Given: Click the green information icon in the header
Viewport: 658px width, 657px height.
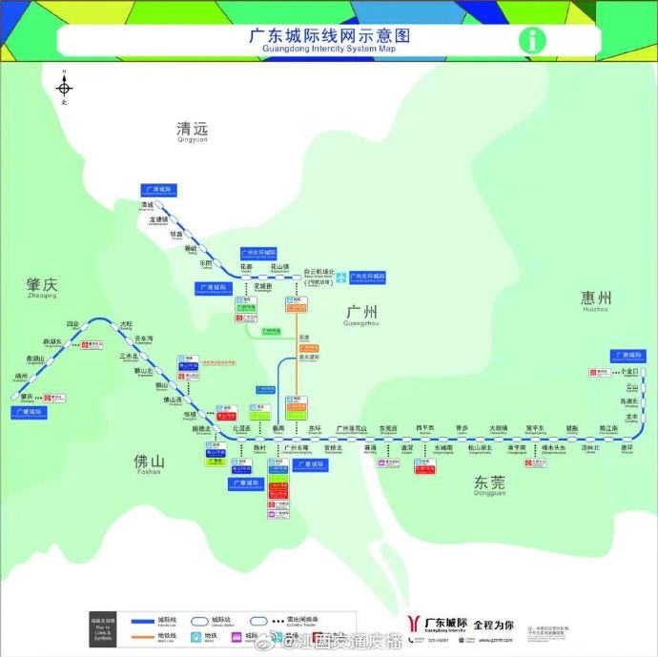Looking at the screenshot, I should pos(532,40).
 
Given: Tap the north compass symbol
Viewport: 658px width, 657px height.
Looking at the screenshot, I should pos(64,87).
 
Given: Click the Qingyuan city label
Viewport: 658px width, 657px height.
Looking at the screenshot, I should pos(192,131).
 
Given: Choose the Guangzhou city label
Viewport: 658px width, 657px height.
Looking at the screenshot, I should pos(361,313).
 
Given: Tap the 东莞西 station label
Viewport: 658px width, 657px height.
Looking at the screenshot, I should pos(388,428).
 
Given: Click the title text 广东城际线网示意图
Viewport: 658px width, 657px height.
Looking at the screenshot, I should pos(329,35).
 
